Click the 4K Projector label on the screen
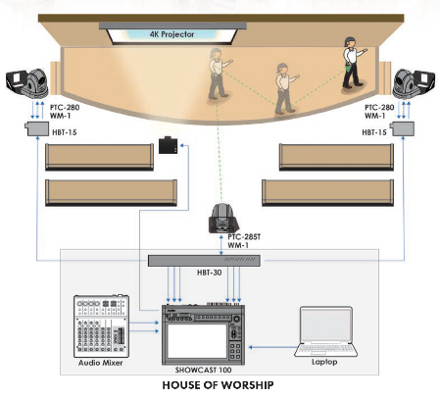click(x=171, y=34)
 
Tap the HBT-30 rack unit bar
click(x=204, y=261)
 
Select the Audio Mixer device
click(x=101, y=326)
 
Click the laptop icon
click(x=325, y=331)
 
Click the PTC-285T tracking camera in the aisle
click(x=223, y=219)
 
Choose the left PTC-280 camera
click(x=27, y=83)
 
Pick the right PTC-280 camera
click(x=414, y=83)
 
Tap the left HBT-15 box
click(x=37, y=128)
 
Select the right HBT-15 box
click(x=402, y=128)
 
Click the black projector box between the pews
click(x=168, y=145)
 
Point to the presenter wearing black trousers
click(x=353, y=63)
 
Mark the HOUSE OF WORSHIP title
click(x=218, y=385)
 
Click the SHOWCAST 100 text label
click(x=203, y=370)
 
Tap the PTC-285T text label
click(x=244, y=237)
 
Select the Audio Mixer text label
click(x=100, y=363)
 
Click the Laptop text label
click(x=324, y=362)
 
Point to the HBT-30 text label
click(x=209, y=273)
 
